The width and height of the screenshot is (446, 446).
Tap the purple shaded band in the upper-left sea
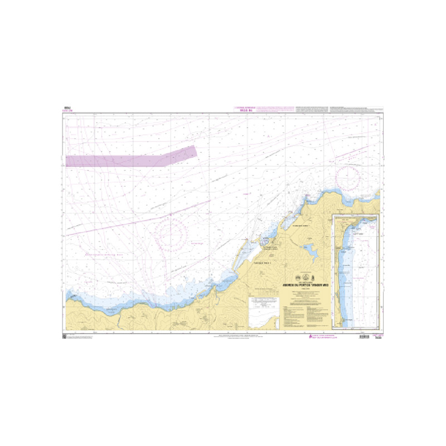[131, 158]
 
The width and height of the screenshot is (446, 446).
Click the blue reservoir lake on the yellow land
[311, 254]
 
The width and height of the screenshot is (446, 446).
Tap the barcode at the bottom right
[363, 337]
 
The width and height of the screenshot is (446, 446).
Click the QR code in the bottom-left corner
[65, 337]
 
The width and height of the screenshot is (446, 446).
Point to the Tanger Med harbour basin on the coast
[262, 241]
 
